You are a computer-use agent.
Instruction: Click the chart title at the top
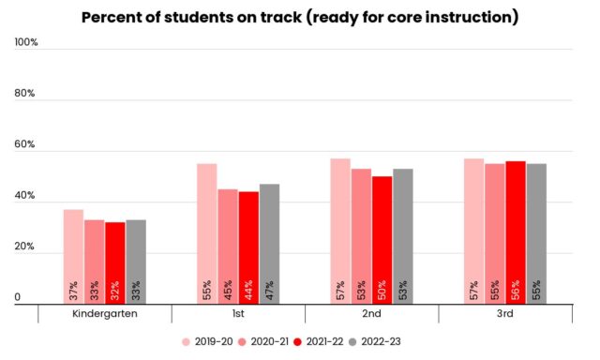click(299, 18)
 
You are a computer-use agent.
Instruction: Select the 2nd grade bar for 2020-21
click(362, 234)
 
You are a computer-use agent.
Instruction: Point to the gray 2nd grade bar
click(403, 234)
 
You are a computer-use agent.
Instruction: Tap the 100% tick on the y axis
click(25, 43)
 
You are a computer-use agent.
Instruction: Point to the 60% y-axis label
click(25, 145)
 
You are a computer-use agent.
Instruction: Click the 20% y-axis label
click(25, 247)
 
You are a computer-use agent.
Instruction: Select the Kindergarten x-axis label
click(105, 314)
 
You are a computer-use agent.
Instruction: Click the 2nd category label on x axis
click(372, 314)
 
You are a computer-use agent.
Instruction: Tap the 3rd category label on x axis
click(505, 314)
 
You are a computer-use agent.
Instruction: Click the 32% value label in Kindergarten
click(115, 289)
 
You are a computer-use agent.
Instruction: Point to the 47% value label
click(269, 289)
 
